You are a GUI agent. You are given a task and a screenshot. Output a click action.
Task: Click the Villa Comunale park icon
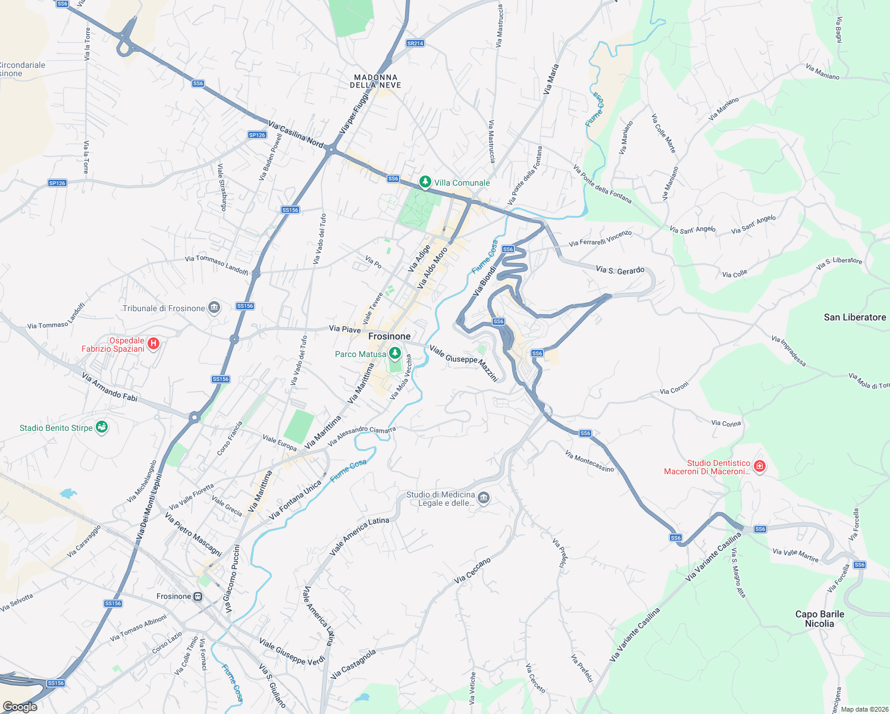point(425,182)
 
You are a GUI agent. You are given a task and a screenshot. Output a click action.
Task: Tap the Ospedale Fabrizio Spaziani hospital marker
point(153,343)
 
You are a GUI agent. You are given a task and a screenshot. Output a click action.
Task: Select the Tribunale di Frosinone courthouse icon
point(214,308)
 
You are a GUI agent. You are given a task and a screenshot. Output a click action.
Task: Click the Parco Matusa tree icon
point(394,354)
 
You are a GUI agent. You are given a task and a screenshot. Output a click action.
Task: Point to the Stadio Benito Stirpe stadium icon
point(102,427)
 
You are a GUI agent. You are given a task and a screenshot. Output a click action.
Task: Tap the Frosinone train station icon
point(198,596)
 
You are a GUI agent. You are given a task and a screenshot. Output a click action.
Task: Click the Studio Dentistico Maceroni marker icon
point(759,466)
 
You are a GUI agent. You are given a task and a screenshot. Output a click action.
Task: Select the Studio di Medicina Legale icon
point(484,497)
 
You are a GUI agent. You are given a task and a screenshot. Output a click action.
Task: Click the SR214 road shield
point(415,43)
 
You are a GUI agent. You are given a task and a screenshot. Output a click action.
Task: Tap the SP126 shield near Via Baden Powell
point(257,135)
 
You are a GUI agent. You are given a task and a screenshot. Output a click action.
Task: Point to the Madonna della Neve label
point(375,82)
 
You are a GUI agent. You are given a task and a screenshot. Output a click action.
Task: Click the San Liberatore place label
point(855,317)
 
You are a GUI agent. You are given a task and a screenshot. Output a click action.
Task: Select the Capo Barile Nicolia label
point(819,619)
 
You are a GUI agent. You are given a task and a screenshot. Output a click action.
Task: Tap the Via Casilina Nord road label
point(296,135)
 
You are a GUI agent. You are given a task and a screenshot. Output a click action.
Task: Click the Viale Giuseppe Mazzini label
point(463,363)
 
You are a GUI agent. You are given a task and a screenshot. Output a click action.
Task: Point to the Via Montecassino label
point(590,462)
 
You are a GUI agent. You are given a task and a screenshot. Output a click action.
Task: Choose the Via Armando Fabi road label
point(110,387)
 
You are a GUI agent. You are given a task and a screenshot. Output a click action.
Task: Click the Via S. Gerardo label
point(620,270)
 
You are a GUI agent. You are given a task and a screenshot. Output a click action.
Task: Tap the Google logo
point(20,706)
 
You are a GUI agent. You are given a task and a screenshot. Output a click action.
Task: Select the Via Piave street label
point(345,329)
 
